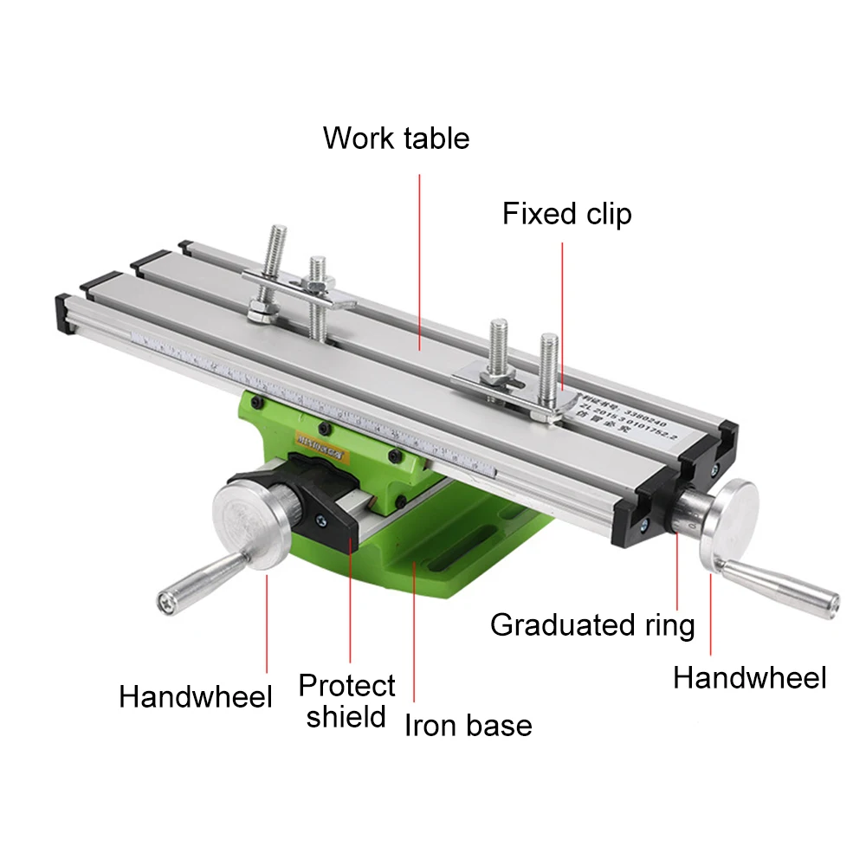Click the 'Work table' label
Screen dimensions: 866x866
[x=396, y=139]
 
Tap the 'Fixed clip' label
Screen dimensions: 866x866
[x=567, y=214]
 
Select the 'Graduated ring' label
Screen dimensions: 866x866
[x=592, y=624]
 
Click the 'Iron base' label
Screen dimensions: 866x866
[x=468, y=726]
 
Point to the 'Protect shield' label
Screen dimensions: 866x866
[x=346, y=701]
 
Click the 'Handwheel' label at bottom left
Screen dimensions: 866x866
[x=196, y=696]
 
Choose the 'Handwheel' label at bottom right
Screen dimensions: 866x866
[x=750, y=678]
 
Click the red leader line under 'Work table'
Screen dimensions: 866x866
[x=420, y=260]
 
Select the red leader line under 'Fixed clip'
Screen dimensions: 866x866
[x=562, y=312]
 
